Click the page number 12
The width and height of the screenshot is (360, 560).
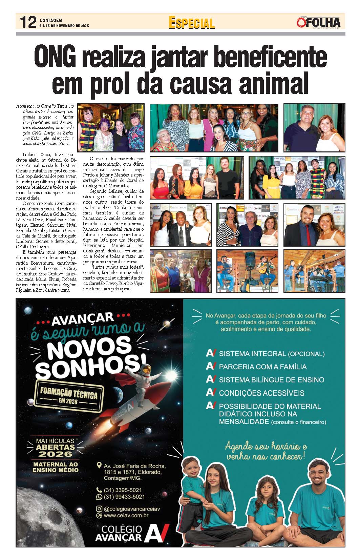28,22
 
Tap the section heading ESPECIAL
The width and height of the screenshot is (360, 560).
191,23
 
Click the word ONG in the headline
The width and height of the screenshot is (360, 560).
55,57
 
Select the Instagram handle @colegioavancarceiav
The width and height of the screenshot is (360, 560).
131,509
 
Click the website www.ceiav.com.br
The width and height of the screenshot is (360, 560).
126,516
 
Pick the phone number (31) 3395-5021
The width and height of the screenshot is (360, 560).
123,490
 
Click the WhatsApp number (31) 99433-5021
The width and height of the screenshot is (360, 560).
124,497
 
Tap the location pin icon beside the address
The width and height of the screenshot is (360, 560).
99,465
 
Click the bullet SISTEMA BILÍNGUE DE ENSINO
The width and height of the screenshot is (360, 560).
271,380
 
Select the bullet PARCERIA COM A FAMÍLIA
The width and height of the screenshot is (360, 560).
262,367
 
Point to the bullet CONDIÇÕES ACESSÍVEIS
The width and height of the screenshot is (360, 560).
261,393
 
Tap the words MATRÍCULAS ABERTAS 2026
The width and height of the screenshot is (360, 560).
55,447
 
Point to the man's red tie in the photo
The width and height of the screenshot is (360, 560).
308,233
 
